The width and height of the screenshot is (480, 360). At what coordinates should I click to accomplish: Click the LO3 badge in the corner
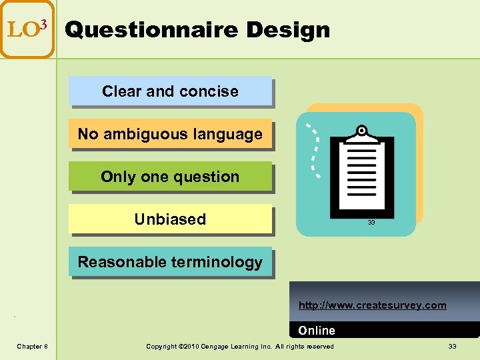click(27, 29)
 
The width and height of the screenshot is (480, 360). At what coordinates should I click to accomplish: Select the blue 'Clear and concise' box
click(170, 91)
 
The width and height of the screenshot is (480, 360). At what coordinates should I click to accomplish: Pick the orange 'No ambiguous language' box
click(170, 134)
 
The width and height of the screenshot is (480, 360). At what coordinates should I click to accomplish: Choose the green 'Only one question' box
click(170, 177)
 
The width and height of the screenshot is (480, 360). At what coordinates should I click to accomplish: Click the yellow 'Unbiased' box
click(170, 219)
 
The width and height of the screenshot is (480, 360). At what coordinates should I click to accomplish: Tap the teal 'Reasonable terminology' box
click(170, 262)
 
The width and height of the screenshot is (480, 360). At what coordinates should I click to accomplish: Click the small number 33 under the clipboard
click(371, 223)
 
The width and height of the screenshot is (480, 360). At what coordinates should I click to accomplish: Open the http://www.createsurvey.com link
click(372, 305)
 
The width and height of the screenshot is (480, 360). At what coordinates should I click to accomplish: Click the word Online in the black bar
click(317, 331)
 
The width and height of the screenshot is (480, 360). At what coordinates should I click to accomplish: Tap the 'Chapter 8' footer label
click(32, 346)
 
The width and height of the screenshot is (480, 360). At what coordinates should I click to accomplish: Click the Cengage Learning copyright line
click(240, 346)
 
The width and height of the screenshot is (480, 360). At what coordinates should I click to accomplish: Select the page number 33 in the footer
click(452, 346)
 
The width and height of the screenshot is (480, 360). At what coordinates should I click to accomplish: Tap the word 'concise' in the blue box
click(211, 91)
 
